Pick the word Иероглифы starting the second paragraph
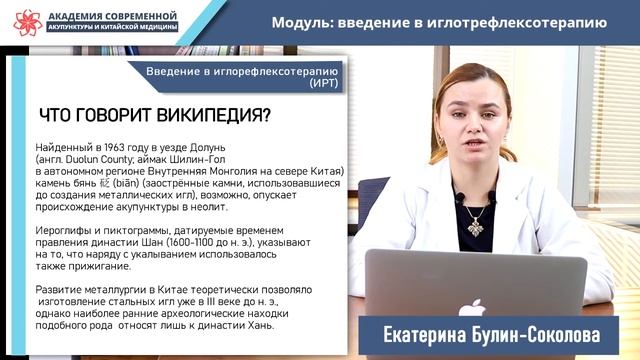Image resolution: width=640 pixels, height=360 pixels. (65, 230)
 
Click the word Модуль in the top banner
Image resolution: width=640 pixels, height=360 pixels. (305, 23)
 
